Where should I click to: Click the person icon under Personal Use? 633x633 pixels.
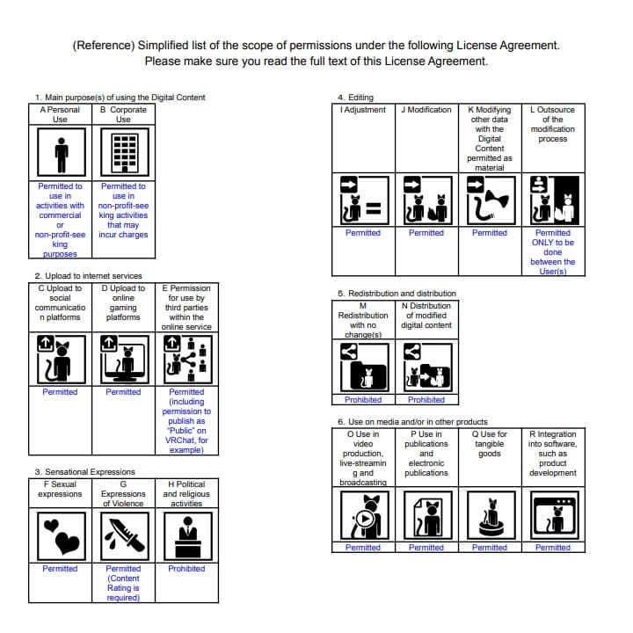61,155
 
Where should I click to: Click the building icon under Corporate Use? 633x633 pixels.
123,155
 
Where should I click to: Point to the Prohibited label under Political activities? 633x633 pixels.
186,569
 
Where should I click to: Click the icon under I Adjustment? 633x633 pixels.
363,200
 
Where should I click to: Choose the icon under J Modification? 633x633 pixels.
426,200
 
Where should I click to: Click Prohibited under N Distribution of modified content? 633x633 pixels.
426,400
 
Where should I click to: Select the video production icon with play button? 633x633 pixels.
363,515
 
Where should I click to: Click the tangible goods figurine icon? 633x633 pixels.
490,515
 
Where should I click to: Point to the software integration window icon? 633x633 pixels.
553,515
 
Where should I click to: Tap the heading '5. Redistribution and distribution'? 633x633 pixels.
397,293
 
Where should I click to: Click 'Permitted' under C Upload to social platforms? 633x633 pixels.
61,392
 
